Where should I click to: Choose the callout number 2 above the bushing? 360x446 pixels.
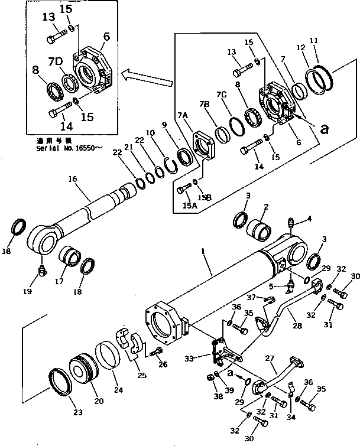266,207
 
